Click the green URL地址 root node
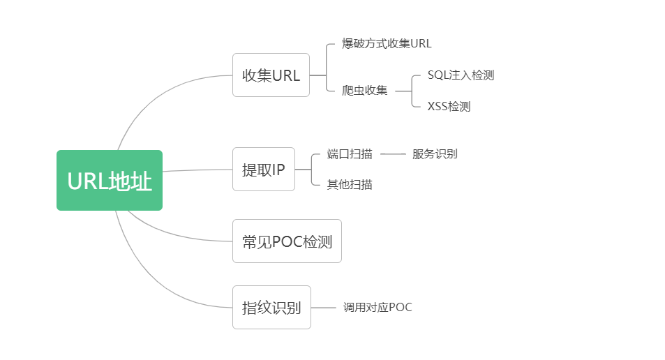(110, 180)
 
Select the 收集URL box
(271, 75)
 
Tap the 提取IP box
(263, 169)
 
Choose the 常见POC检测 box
(287, 241)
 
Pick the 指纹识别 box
(271, 307)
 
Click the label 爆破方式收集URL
(387, 43)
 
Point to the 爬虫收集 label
(365, 90)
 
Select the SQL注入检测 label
(461, 75)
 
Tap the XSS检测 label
(449, 106)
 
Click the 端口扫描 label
(350, 153)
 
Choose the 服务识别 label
(435, 153)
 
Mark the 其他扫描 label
(350, 185)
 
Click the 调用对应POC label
(378, 307)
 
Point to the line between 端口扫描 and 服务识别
(393, 153)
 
